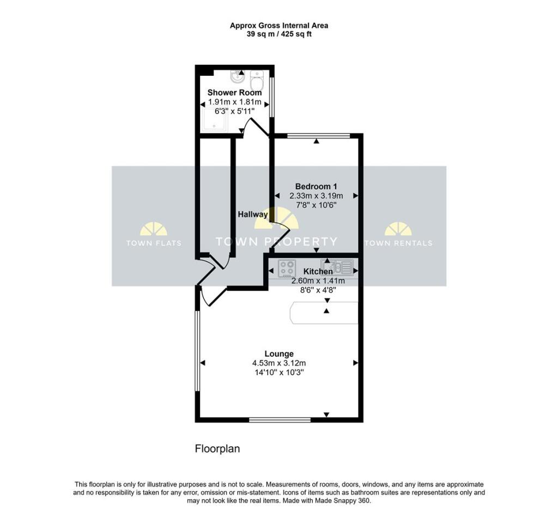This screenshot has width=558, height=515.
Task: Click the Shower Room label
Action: (234, 93)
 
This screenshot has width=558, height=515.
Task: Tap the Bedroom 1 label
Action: (316, 186)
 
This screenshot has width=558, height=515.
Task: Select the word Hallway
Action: (253, 214)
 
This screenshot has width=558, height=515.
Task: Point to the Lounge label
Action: (279, 354)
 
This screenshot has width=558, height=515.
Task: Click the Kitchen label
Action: (318, 271)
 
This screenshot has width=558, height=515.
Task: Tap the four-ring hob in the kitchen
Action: (287, 268)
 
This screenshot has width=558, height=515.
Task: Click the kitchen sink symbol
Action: (337, 266)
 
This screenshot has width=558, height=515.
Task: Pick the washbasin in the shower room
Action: (238, 76)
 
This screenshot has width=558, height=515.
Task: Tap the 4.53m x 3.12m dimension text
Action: (279, 363)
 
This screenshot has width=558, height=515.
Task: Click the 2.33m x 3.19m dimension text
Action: (316, 196)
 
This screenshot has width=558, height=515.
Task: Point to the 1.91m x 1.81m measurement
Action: (234, 102)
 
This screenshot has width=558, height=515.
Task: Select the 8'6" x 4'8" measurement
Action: (318, 290)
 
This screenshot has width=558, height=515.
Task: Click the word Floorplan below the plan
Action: (217, 449)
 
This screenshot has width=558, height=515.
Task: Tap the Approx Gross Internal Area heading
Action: (279, 26)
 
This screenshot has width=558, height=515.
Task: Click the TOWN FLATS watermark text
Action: (154, 243)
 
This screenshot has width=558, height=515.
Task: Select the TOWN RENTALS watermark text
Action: (398, 243)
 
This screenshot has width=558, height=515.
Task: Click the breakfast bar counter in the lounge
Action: (324, 313)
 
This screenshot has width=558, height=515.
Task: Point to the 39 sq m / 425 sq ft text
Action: (279, 34)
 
